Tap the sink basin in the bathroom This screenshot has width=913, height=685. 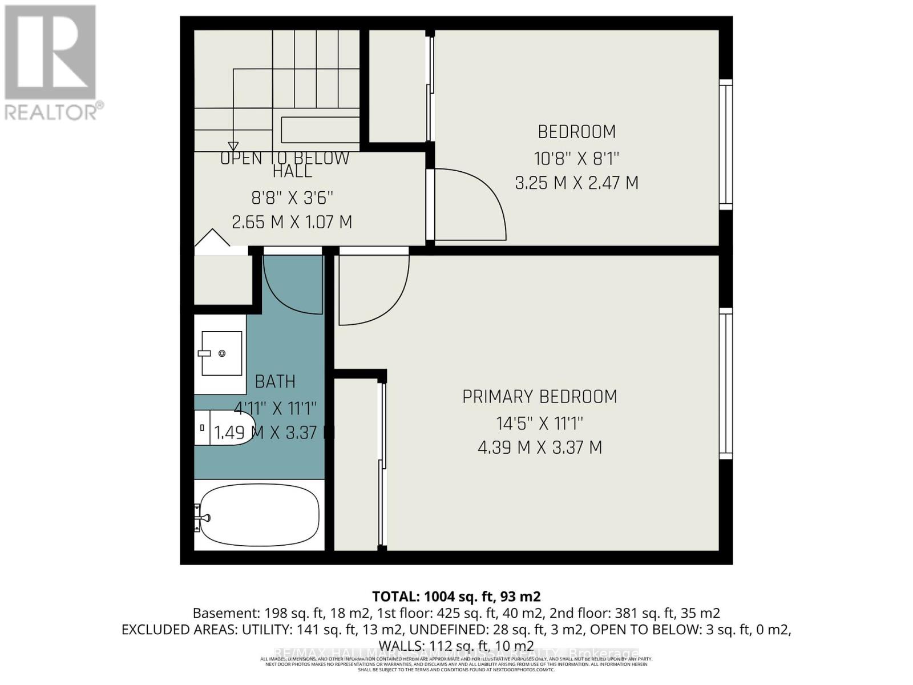[x=222, y=353]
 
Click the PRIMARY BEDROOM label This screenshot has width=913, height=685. [x=539, y=397]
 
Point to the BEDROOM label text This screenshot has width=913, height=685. [x=577, y=132]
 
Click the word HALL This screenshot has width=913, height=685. [x=292, y=171]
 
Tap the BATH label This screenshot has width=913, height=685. [x=275, y=381]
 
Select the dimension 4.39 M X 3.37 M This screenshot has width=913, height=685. [x=539, y=448]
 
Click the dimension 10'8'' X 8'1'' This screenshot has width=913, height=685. [x=577, y=158]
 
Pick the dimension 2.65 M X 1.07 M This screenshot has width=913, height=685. [x=292, y=222]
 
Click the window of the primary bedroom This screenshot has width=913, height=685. [x=725, y=383]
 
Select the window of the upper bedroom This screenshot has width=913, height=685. [x=725, y=144]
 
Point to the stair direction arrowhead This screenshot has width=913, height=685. [x=233, y=146]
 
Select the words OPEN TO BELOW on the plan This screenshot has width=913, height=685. [x=285, y=158]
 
